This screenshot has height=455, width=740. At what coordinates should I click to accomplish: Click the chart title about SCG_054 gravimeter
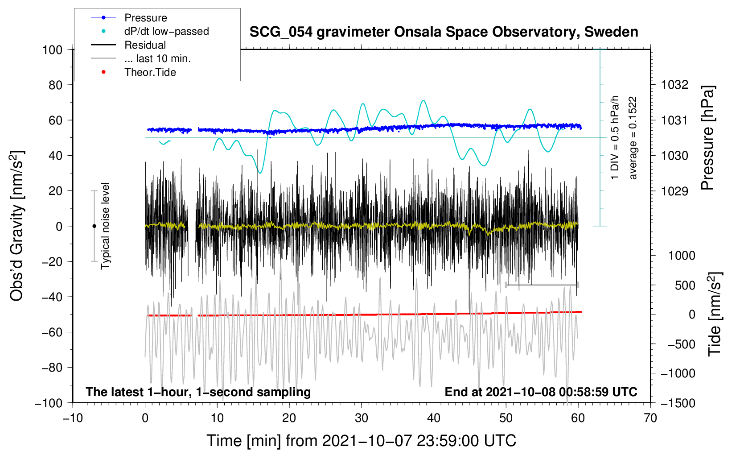(444, 32)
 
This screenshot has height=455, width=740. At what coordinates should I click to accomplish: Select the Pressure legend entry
(145, 18)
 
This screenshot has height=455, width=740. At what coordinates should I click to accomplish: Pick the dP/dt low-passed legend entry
(166, 31)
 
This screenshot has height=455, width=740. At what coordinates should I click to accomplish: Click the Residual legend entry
(145, 45)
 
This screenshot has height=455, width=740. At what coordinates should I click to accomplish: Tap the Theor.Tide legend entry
(150, 72)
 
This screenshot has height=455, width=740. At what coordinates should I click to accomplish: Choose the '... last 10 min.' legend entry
(157, 58)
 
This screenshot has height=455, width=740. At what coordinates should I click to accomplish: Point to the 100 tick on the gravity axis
(52, 50)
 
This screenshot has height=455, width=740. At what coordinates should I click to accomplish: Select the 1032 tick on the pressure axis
(674, 85)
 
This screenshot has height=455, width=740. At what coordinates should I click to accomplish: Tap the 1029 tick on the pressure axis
(674, 191)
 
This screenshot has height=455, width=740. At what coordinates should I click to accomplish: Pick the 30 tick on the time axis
(362, 418)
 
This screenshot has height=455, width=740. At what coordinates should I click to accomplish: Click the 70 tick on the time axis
(650, 418)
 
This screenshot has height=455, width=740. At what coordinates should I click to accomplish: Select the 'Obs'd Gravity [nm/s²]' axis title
(16, 226)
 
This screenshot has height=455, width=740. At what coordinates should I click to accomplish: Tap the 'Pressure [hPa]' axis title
(707, 138)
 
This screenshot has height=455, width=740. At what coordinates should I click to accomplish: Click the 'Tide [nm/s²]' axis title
(715, 314)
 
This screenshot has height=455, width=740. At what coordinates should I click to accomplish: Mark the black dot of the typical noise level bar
(94, 226)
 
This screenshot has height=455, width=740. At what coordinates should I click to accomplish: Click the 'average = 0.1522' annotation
(633, 138)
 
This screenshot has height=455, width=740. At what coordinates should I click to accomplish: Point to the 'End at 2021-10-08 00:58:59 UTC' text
(541, 392)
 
